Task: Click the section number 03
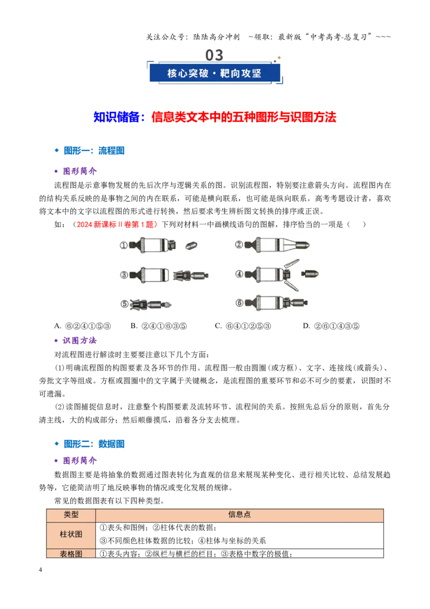(x=214, y=55)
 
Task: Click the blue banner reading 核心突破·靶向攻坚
(x=214, y=73)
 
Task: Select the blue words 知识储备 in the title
(x=117, y=117)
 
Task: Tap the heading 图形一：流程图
(x=94, y=151)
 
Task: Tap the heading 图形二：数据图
(x=94, y=444)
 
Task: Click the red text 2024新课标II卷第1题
(x=117, y=224)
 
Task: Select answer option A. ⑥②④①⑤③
(x=83, y=326)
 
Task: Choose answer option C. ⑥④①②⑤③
(x=243, y=326)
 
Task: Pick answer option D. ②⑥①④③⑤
(x=331, y=326)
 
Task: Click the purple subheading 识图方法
(x=80, y=341)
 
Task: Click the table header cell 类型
(x=71, y=515)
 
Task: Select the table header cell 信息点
(x=239, y=515)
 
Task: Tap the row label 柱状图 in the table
(x=71, y=534)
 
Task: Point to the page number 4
(x=40, y=570)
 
